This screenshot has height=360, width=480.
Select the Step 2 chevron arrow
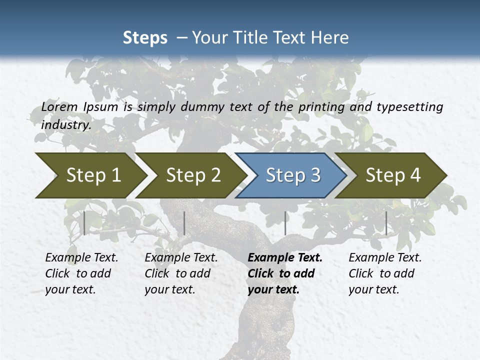coord(192,175)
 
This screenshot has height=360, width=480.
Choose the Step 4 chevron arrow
coord(392,175)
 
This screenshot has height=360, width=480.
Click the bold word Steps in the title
coord(145,37)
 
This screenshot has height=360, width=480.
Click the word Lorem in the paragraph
coord(59,106)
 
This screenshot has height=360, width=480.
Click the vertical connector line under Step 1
coord(84,223)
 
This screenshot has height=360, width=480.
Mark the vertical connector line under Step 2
coord(184,223)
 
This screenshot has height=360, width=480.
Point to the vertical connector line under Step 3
coord(285,223)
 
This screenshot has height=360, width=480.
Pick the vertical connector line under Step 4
coord(386,223)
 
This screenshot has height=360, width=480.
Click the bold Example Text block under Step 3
coord(284,273)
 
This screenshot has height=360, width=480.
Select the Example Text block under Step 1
coord(81,273)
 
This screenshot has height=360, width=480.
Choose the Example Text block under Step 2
coord(180,273)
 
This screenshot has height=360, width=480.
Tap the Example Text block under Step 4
coord(384,273)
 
